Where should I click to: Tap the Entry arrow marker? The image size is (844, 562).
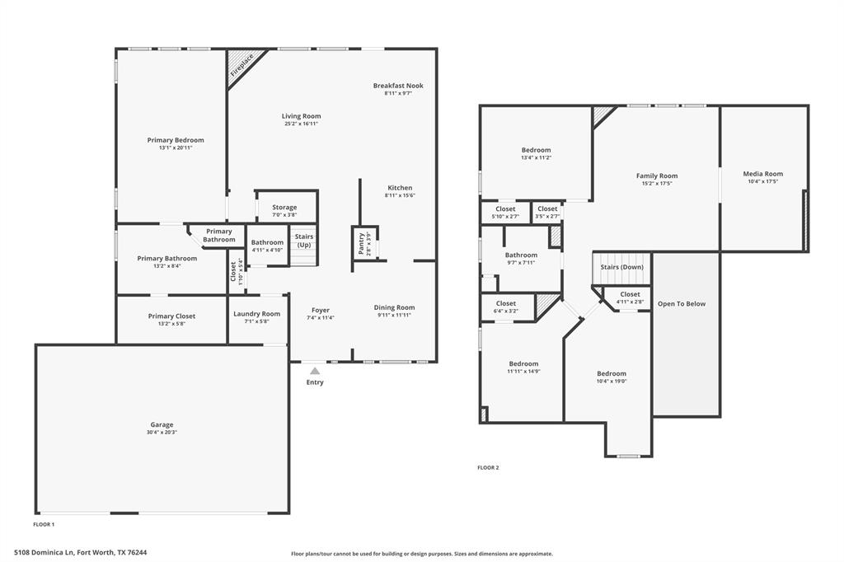tap(315, 371)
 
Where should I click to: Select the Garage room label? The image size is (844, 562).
tap(162, 424)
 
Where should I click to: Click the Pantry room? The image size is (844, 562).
tap(365, 243)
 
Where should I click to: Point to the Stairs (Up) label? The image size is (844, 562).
tap(304, 241)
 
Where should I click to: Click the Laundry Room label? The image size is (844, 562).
tap(257, 314)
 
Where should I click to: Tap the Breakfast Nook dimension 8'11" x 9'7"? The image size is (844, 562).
tap(398, 93)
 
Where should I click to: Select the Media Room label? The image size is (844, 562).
tap(762, 174)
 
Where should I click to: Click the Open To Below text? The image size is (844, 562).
tap(682, 303)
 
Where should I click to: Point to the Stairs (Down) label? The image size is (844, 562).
tap(621, 267)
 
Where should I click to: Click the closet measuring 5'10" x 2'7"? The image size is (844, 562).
tap(505, 213)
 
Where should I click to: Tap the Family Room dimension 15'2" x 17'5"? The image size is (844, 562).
tap(657, 184)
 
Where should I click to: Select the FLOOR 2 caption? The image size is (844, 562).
tap(488, 468)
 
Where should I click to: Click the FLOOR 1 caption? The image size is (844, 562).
tap(45, 524)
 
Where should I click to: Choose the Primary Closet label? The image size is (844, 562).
tap(171, 316)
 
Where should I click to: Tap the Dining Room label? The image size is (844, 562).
tap(395, 307)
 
